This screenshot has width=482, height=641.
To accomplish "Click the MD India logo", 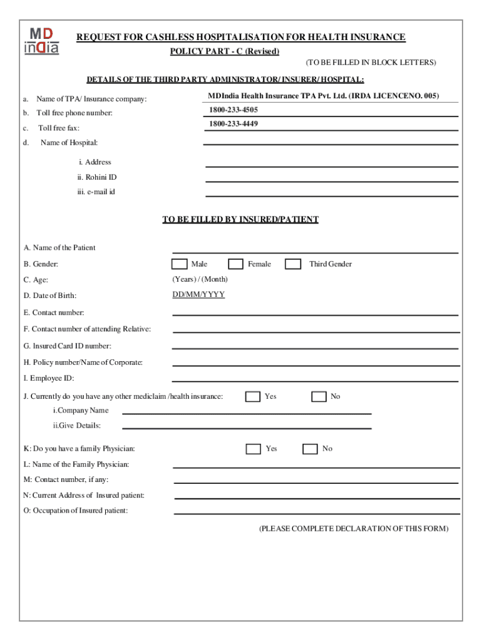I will (42, 41).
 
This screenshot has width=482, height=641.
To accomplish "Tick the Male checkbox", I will (179, 264).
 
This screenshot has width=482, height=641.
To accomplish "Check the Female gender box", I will (235, 264).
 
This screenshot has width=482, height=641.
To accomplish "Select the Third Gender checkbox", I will (293, 264).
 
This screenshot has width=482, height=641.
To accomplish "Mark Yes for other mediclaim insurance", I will (253, 396).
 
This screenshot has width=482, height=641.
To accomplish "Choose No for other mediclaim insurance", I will (319, 396).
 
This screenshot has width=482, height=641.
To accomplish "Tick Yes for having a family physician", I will (253, 449).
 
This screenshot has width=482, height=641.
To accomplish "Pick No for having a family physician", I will (310, 449).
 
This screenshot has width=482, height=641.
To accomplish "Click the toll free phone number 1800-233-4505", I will (233, 110).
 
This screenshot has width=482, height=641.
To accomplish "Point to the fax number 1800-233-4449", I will (233, 124).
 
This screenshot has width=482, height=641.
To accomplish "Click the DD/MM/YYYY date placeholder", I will (198, 294).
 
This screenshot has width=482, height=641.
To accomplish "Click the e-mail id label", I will (92, 192).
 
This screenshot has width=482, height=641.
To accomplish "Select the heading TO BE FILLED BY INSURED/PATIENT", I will (240, 220).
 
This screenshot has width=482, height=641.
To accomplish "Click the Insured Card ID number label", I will (67, 346).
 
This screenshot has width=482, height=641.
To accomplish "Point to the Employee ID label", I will (49, 379).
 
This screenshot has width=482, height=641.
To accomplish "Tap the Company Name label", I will (81, 411).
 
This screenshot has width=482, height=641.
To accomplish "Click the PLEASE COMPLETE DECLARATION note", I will (354, 529).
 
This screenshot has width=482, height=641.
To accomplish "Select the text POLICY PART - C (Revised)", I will (225, 51).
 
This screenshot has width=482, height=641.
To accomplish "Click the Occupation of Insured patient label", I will (76, 511).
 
